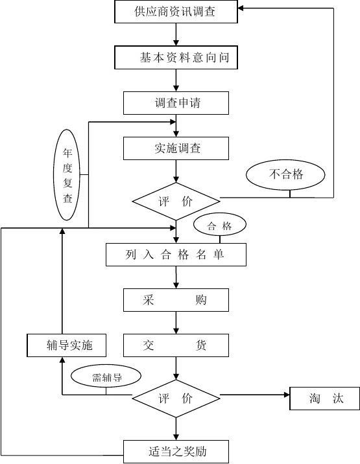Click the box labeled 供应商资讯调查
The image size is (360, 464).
(176, 11)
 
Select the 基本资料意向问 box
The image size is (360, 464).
(176, 58)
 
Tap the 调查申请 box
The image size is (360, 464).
(176, 102)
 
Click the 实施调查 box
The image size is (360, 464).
(176, 148)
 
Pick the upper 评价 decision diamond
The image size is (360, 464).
(176, 201)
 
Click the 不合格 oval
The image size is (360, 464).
(285, 174)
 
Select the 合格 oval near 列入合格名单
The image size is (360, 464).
(221, 226)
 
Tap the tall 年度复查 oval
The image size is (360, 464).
(67, 176)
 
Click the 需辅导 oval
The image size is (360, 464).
(106, 377)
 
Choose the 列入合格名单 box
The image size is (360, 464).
(176, 255)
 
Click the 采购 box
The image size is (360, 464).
(176, 300)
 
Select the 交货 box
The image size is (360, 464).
(176, 345)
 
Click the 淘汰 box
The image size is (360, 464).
(325, 399)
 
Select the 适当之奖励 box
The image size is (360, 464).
(176, 451)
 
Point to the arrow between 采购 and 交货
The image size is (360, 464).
(176, 323)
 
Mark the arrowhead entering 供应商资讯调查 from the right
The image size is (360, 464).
(241, 8)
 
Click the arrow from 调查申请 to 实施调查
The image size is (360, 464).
(176, 126)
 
